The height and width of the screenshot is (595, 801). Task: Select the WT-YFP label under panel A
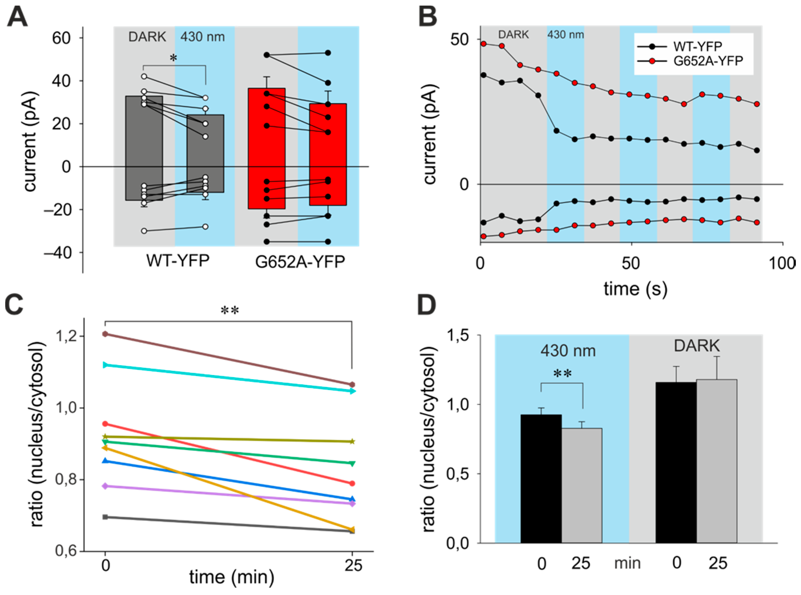pos(178,260)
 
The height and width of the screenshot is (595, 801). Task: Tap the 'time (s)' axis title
pos(635,289)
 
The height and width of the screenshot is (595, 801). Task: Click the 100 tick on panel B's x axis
pos(782,264)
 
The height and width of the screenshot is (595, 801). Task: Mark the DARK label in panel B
pos(513,35)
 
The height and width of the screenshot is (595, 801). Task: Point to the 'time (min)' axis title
pos(232,577)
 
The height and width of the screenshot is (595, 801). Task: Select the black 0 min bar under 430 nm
pos(541,479)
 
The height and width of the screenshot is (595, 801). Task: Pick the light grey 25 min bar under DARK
pos(716,461)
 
